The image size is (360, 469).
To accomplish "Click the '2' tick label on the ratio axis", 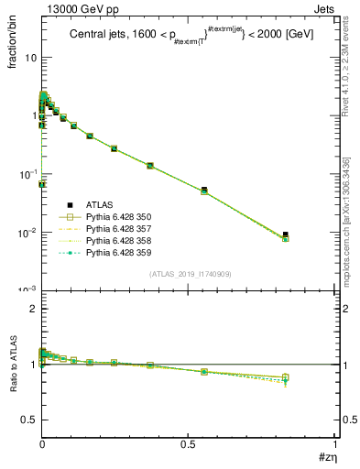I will coord(34,309).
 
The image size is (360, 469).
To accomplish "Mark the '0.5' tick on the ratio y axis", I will coord(29,420).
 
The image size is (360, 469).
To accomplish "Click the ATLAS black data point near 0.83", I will coord(285,234).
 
